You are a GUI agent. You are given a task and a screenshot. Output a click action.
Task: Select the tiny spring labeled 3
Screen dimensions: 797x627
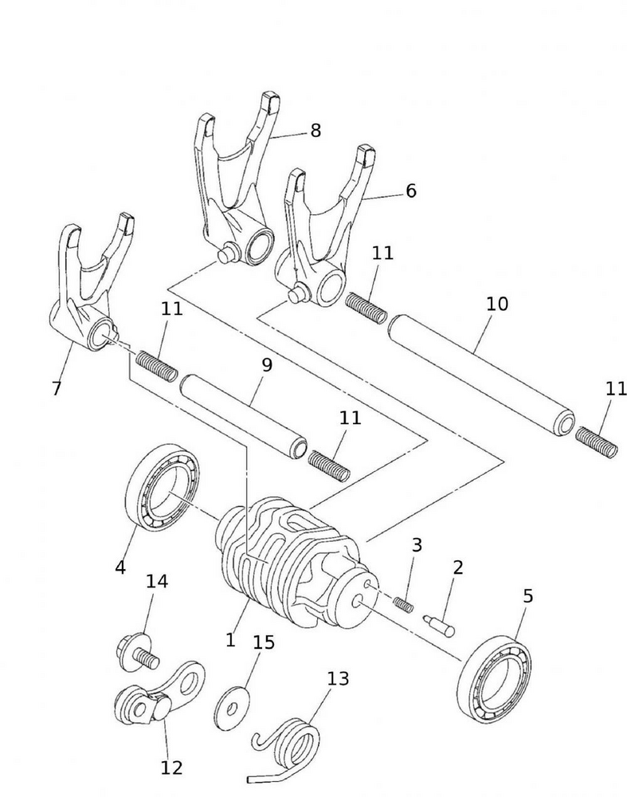[x=403, y=603]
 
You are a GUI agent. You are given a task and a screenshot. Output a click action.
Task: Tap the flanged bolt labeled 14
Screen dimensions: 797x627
[x=135, y=649]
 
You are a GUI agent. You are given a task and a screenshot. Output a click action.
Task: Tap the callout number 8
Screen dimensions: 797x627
[x=315, y=131]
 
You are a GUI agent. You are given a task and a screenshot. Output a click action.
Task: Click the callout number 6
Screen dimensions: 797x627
[x=411, y=191]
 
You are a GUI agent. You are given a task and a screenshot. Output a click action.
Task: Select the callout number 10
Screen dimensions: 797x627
[x=496, y=304]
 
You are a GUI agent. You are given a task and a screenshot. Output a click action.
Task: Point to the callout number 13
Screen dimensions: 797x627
[x=338, y=678]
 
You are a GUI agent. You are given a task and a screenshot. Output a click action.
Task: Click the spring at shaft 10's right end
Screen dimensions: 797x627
[x=597, y=442]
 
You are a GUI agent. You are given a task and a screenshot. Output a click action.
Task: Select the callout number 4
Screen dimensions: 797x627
[x=120, y=567]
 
